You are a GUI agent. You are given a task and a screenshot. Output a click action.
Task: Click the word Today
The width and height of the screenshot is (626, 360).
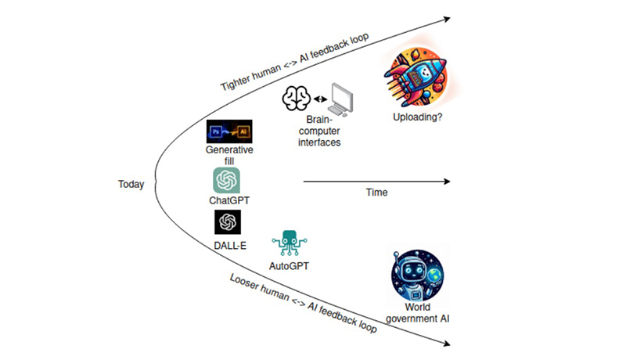click(x=131, y=185)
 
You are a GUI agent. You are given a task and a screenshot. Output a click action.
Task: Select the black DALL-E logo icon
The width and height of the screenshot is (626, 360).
click(x=227, y=222)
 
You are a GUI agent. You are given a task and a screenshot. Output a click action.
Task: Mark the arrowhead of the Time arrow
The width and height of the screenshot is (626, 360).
click(x=447, y=182)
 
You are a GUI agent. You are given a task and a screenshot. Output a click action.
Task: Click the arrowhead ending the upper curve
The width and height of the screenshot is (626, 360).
click(x=448, y=16)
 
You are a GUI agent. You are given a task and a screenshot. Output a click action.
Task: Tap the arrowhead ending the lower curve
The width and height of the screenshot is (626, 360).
click(x=448, y=344)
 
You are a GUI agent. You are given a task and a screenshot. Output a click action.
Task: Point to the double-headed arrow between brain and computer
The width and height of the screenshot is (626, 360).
click(x=319, y=99)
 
